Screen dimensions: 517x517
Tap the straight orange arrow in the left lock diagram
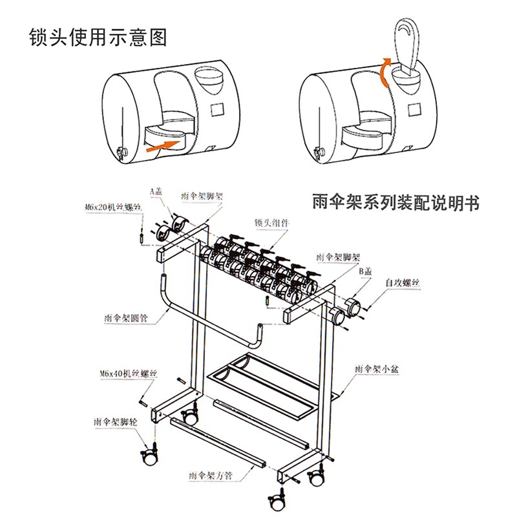click(x=164, y=143)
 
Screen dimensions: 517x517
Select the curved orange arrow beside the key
click(x=385, y=70)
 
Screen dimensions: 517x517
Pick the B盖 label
click(x=366, y=273)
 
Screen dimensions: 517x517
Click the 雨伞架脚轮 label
click(x=116, y=421)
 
